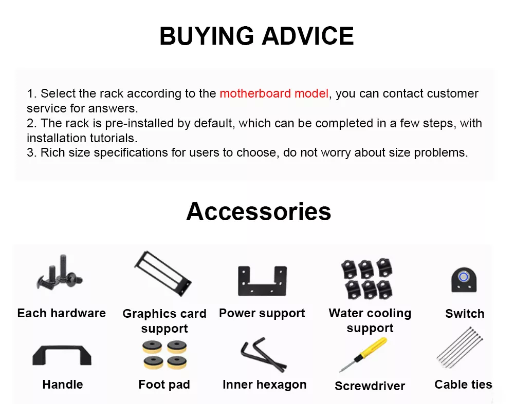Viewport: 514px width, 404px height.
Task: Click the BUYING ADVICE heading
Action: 256,36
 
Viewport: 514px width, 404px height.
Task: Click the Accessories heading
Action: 259,211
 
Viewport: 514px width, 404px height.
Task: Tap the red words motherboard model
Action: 274,93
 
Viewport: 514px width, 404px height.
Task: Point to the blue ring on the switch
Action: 464,277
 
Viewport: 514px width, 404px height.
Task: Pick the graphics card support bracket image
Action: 163,274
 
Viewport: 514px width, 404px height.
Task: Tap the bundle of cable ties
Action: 460,348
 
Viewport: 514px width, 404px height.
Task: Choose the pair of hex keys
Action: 263,354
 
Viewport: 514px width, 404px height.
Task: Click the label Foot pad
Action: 164,384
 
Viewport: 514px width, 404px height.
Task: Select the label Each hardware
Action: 62,313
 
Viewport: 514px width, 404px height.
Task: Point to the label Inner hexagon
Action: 265,384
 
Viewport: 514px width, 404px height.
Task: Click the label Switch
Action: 465,313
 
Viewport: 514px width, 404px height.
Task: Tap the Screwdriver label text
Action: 370,386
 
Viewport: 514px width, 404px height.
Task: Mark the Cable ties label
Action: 463,384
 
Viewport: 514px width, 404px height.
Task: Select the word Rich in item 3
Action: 52,152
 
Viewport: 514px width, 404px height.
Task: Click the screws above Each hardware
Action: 60,272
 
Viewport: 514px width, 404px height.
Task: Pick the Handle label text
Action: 63,384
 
